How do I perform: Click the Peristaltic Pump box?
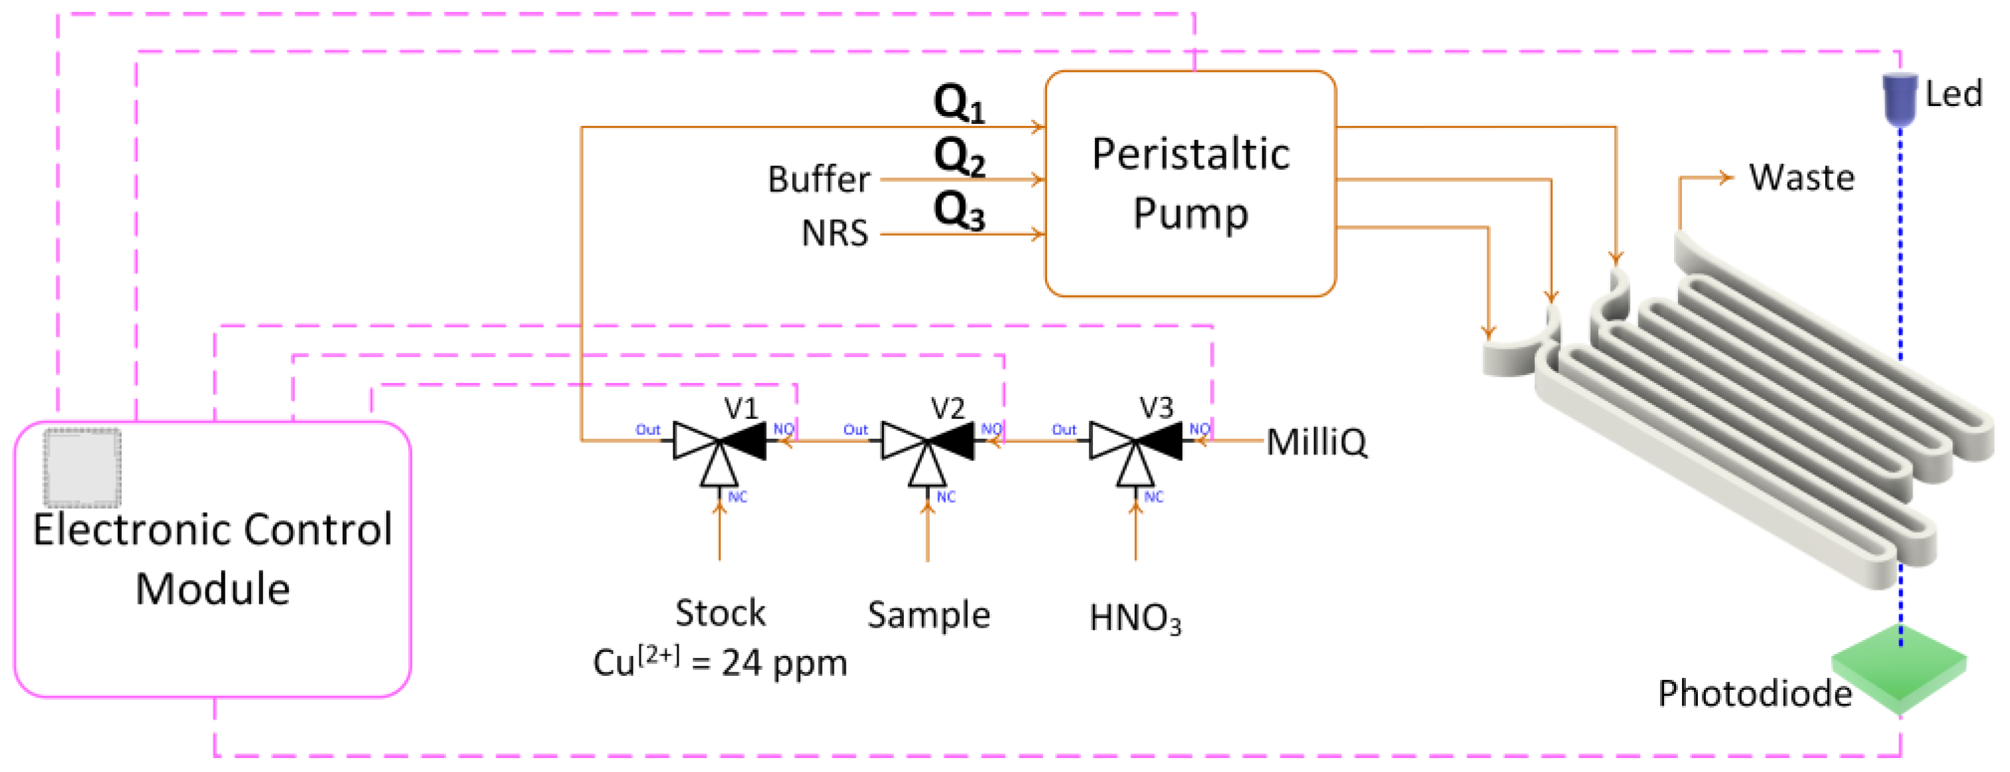(x=1190, y=184)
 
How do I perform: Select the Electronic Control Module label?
(x=212, y=558)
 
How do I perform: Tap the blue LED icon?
(x=1899, y=98)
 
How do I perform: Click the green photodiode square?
(x=1899, y=668)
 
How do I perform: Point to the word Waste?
(x=1801, y=178)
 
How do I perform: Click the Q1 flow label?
(x=959, y=103)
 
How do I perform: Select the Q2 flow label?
(x=959, y=157)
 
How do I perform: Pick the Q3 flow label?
(x=959, y=211)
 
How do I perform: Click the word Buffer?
(x=818, y=180)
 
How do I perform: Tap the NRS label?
(x=834, y=233)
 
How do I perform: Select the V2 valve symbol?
(x=927, y=442)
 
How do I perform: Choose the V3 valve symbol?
(x=1135, y=442)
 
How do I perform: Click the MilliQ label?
(x=1316, y=443)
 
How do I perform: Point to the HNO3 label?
(x=1135, y=618)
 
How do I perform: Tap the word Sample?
(x=928, y=615)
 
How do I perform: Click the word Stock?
(x=720, y=614)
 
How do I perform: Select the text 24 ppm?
(x=783, y=663)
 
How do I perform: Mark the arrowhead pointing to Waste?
(x=1727, y=178)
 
